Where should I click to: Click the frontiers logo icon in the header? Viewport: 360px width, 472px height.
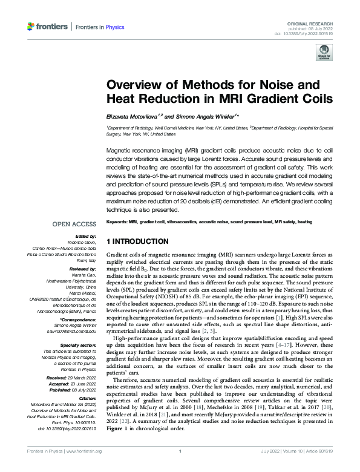tap(31, 27)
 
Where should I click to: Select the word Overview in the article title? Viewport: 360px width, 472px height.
tap(131, 85)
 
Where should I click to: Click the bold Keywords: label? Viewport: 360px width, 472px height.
tap(116, 222)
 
